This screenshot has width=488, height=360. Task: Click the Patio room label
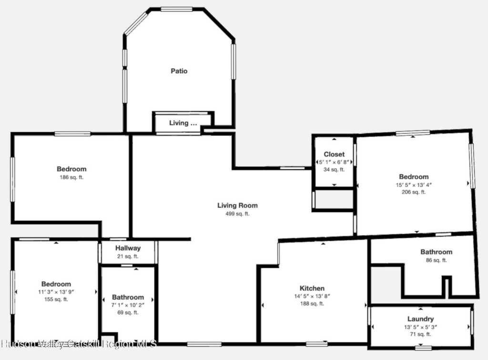(179, 71)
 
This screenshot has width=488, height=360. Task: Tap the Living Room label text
(237, 206)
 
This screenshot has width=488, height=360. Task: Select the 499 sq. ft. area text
(237, 214)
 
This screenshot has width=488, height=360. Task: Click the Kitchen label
(312, 288)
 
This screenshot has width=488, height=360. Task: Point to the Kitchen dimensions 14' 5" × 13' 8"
(312, 296)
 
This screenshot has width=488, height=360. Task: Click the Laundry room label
(420, 319)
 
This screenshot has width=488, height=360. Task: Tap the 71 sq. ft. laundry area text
(420, 334)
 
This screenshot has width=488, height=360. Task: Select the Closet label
(334, 154)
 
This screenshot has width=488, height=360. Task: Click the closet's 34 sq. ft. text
(334, 169)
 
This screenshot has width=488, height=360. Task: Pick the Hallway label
(128, 248)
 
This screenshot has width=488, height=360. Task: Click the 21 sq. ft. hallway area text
(128, 257)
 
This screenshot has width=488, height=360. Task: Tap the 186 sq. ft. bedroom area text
(71, 177)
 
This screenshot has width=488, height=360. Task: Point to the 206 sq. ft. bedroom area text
(414, 192)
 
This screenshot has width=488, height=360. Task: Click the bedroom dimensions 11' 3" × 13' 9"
(56, 292)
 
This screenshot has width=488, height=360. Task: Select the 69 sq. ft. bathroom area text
(128, 312)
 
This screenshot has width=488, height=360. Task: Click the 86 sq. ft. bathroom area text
(437, 260)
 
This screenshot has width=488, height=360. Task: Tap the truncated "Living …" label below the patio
(183, 123)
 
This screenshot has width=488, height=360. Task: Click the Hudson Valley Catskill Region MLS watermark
(79, 344)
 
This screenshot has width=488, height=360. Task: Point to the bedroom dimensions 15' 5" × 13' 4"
(414, 185)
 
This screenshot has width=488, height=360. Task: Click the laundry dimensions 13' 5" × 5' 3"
(420, 327)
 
